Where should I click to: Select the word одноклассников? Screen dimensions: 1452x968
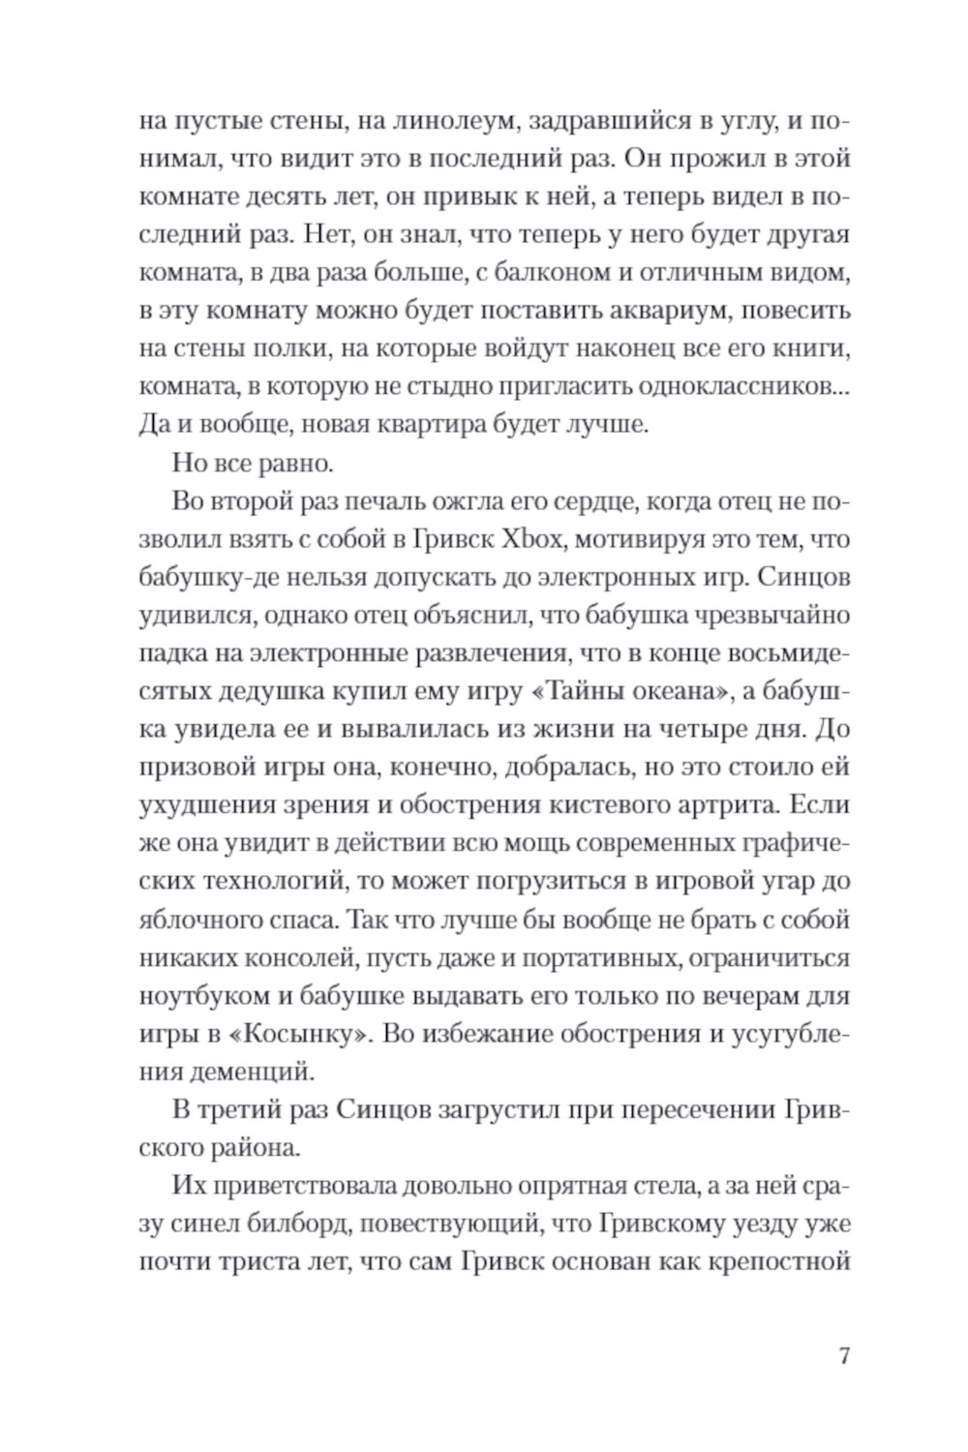pyautogui.click(x=737, y=387)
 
